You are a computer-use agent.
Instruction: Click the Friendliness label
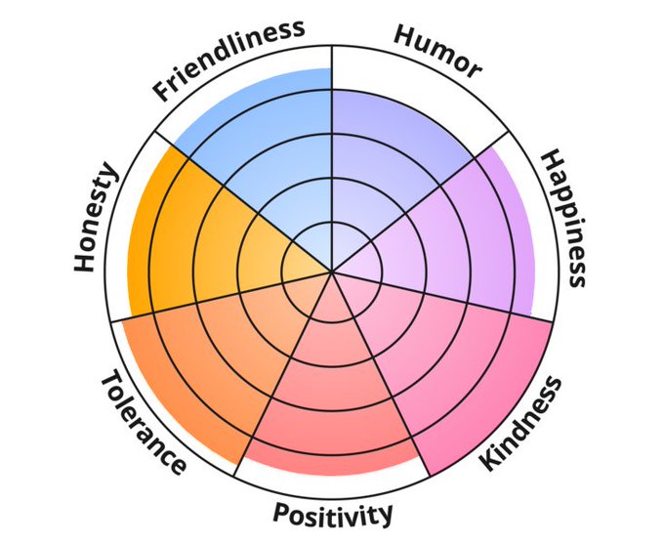point(228,59)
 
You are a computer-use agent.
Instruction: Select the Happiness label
point(563,217)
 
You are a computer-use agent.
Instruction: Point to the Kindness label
point(521,423)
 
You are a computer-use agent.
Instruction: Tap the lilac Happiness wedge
point(459,234)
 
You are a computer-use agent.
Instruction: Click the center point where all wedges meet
point(332,272)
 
